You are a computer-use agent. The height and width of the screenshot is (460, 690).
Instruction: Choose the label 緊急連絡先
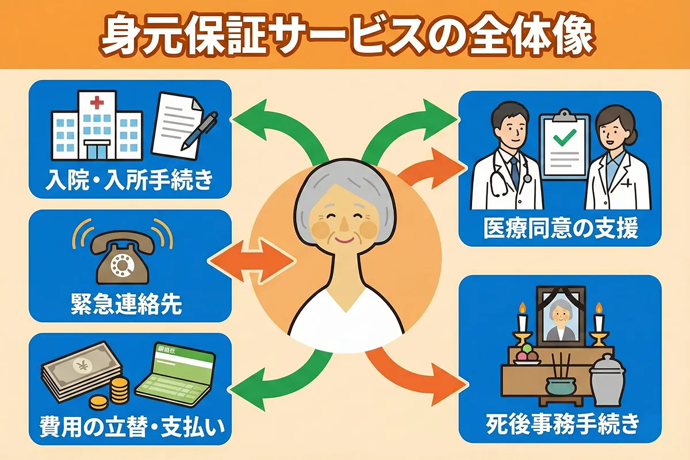coord(129,304)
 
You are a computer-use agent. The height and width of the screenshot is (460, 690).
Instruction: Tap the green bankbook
coord(175,377)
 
